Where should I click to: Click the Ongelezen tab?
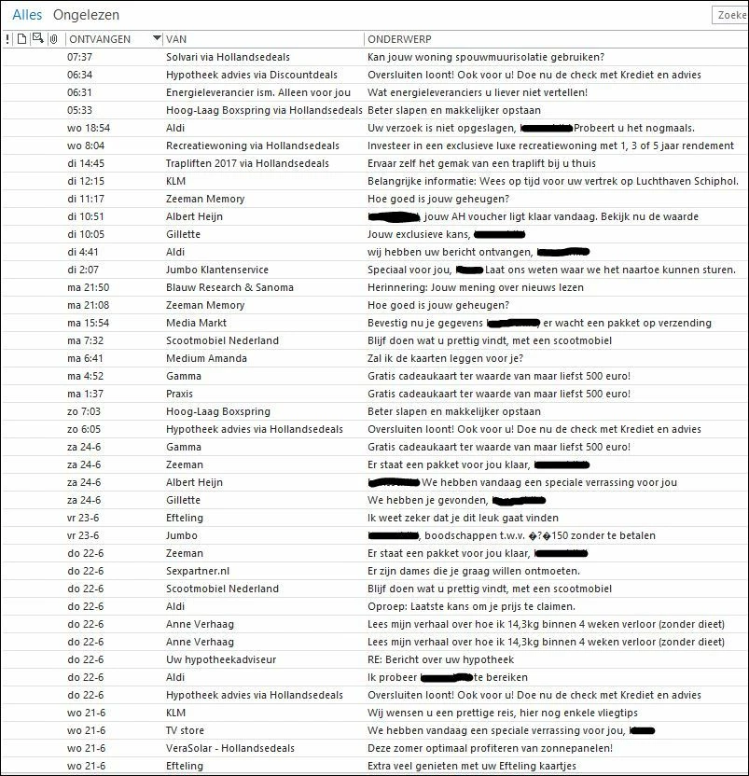click(x=86, y=15)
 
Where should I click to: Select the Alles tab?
click(x=27, y=15)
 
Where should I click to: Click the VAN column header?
click(x=176, y=39)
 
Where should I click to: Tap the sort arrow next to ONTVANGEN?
click(x=155, y=39)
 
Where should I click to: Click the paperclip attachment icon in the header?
click(x=54, y=39)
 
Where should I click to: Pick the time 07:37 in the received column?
click(x=80, y=57)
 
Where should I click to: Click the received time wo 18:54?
click(x=89, y=128)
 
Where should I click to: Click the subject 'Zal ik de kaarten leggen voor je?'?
click(x=458, y=358)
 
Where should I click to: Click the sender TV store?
click(x=185, y=730)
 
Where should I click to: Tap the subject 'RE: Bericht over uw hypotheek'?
click(x=440, y=659)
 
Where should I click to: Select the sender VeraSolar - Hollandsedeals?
click(x=230, y=748)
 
